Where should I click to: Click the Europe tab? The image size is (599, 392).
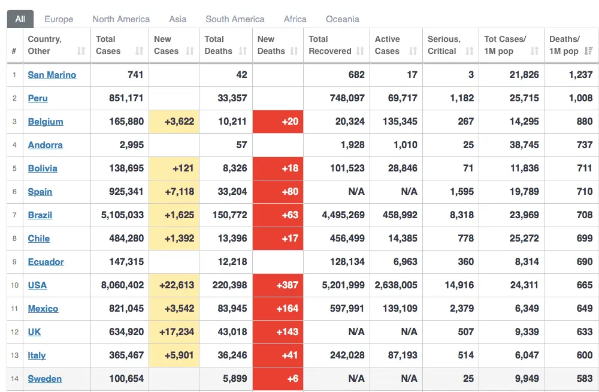(x=59, y=19)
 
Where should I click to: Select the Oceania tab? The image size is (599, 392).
(x=343, y=19)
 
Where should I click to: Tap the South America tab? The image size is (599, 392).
(x=235, y=19)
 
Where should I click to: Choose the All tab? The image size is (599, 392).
(x=20, y=19)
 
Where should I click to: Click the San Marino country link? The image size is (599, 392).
(x=52, y=75)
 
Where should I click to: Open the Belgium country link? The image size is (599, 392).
(x=46, y=122)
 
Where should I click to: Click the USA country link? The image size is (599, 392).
(x=37, y=285)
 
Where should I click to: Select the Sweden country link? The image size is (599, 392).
(x=45, y=379)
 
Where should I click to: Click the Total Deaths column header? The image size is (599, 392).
(x=219, y=45)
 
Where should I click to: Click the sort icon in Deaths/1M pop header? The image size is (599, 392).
(x=589, y=52)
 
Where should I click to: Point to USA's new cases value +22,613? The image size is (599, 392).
(x=177, y=285)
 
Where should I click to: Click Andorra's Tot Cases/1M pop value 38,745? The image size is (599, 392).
(x=524, y=145)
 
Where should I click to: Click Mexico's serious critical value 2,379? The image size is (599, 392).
(x=462, y=309)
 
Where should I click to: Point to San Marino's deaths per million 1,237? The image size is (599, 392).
(x=580, y=75)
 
